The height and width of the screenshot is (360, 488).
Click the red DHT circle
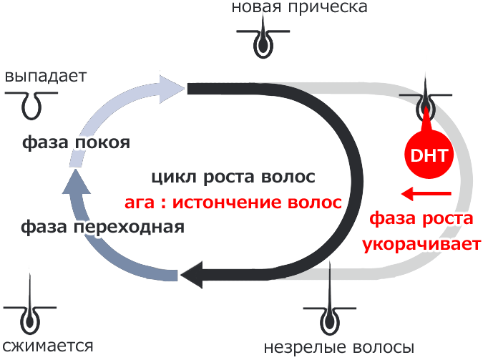click(x=426, y=155)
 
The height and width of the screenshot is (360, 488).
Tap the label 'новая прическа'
click(x=300, y=8)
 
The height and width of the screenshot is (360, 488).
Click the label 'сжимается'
click(x=47, y=346)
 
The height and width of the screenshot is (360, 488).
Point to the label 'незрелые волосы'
click(x=338, y=346)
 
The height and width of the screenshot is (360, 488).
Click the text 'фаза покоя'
click(x=75, y=142)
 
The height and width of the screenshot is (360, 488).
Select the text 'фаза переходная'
click(x=102, y=227)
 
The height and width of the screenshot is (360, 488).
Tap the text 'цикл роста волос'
click(x=233, y=177)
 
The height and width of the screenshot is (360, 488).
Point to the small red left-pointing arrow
click(x=426, y=193)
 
